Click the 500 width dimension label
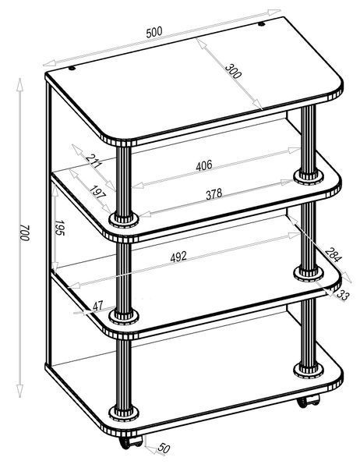(154, 32)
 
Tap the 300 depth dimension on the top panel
(233, 71)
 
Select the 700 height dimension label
(25, 233)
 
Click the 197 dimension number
(97, 193)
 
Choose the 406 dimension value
(204, 165)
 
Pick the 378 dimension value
(214, 194)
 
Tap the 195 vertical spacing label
(60, 228)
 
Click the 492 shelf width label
(178, 257)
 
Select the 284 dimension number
(333, 255)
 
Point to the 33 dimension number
(342, 295)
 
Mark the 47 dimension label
(98, 306)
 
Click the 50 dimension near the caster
(164, 448)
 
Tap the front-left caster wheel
(131, 442)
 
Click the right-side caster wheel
(308, 401)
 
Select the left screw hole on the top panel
(72, 68)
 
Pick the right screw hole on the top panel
(262, 24)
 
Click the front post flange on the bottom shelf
(124, 413)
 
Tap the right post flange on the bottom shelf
(309, 370)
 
